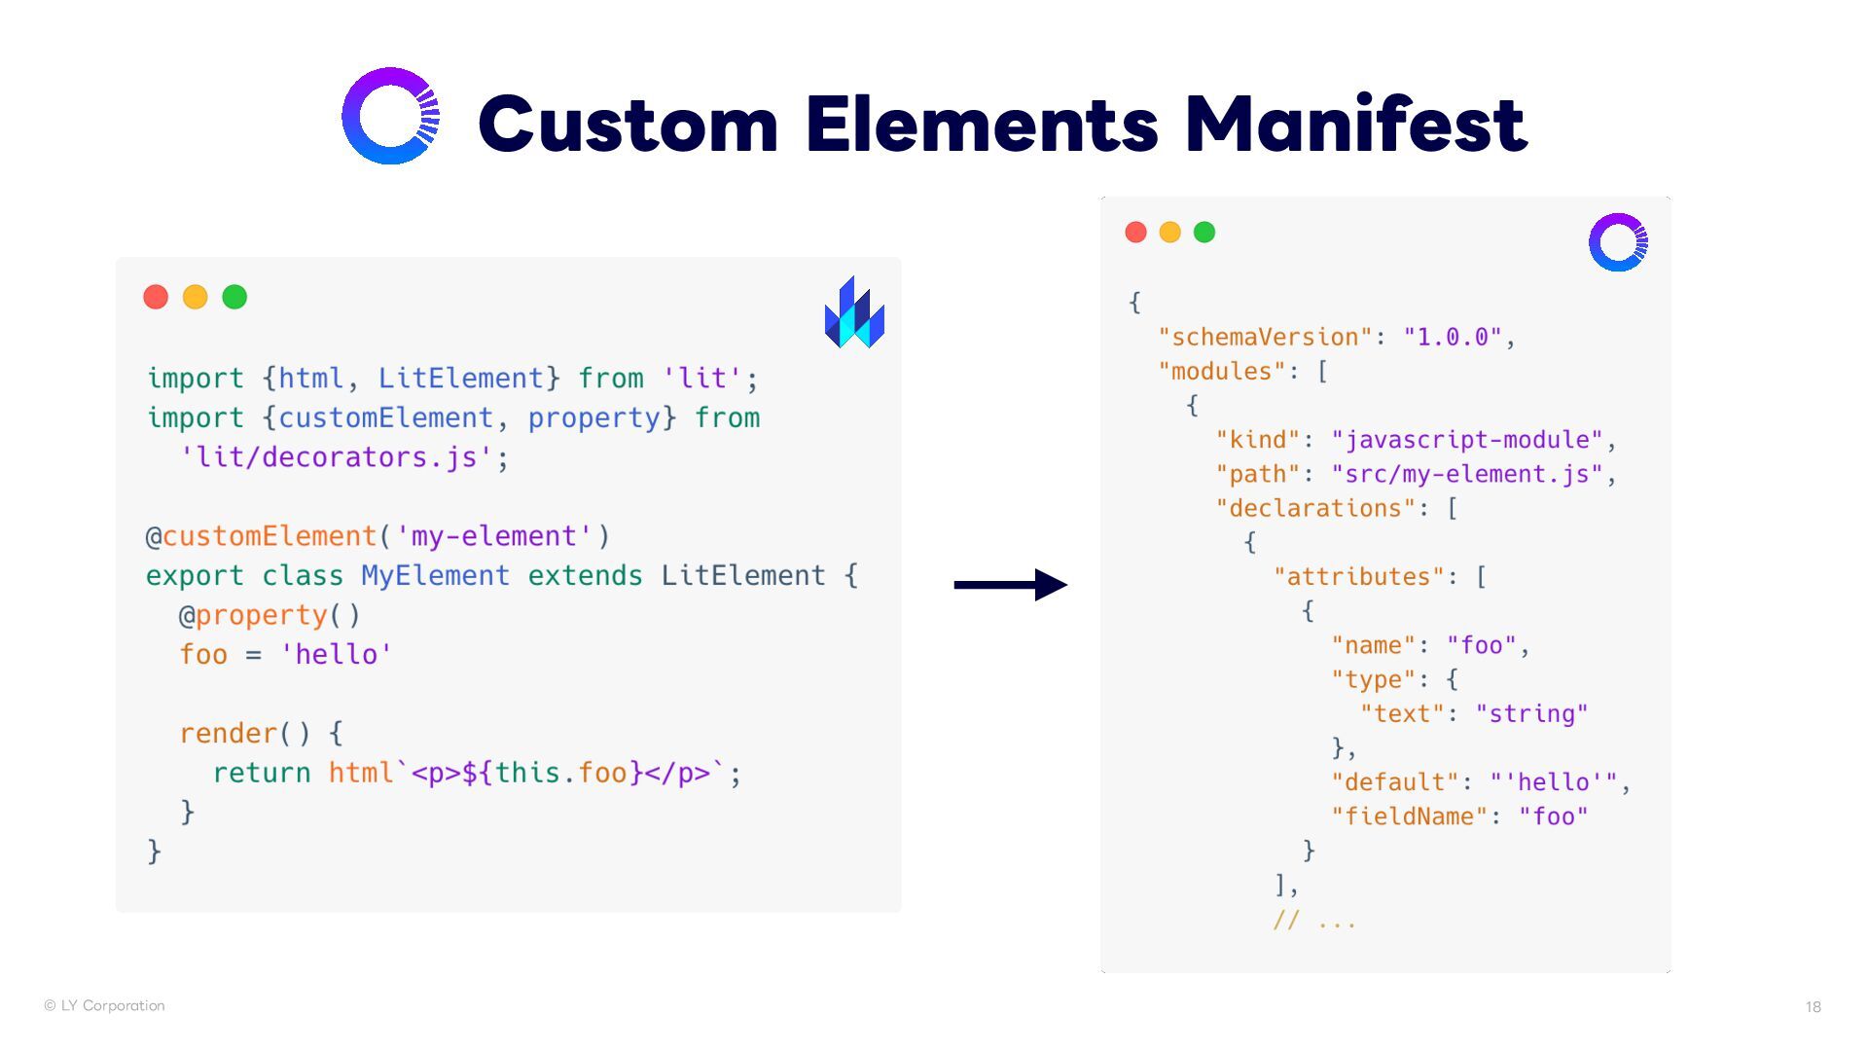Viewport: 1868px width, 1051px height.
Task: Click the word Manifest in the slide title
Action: [x=1355, y=124]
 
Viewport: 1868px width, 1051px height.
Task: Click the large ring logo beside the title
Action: [x=391, y=116]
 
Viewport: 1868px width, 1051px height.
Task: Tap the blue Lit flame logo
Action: [x=854, y=312]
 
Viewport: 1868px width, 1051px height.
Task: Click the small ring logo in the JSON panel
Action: [x=1618, y=242]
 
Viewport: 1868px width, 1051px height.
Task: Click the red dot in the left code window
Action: [x=156, y=297]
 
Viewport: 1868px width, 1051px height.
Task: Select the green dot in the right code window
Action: [x=1204, y=233]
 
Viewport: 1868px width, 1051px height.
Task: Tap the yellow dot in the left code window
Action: [x=196, y=297]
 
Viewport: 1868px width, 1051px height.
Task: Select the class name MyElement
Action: [x=435, y=576]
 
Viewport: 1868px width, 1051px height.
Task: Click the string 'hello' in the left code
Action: [x=336, y=655]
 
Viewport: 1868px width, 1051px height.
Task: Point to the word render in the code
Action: [x=228, y=734]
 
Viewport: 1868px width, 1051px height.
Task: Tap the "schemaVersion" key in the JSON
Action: [x=1265, y=338]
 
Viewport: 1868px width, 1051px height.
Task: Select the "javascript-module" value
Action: [x=1466, y=440]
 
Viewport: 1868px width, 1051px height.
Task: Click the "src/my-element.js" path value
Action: [x=1466, y=474]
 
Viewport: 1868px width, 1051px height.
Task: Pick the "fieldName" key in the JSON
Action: [x=1409, y=816]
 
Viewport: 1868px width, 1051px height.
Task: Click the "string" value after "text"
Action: [x=1531, y=714]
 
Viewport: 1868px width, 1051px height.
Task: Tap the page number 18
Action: [x=1813, y=1007]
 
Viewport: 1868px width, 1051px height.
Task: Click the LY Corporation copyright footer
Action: [x=104, y=1005]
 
